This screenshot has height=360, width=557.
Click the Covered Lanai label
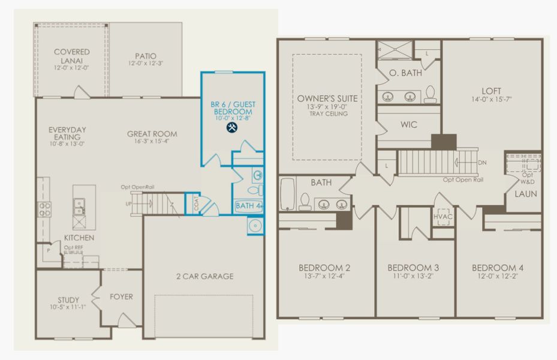[x=72, y=56]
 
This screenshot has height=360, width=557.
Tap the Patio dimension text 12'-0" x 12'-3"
[x=146, y=63]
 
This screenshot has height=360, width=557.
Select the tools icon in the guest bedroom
[x=232, y=127]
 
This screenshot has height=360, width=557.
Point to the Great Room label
[x=152, y=134]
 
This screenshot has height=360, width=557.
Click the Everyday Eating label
[x=67, y=133]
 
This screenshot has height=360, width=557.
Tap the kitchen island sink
[x=79, y=206]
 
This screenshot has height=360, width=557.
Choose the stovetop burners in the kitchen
[x=44, y=209]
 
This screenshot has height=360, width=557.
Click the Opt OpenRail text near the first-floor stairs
[x=137, y=187]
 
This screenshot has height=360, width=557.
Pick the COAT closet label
[x=196, y=203]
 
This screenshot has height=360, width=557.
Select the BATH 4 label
[x=249, y=206]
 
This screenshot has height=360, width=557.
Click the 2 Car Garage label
[x=205, y=276]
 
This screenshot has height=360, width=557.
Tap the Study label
[x=68, y=300]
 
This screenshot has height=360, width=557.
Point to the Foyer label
[x=121, y=297]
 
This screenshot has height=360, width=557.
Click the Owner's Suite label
[x=327, y=98]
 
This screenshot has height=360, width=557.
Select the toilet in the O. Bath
[x=430, y=94]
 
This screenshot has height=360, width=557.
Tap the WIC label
[x=408, y=125]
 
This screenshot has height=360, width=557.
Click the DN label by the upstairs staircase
[x=482, y=163]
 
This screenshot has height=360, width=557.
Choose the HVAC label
[x=443, y=217]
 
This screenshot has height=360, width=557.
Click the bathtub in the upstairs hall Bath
[x=288, y=194]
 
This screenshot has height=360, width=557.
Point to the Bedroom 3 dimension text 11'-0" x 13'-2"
[x=413, y=276]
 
